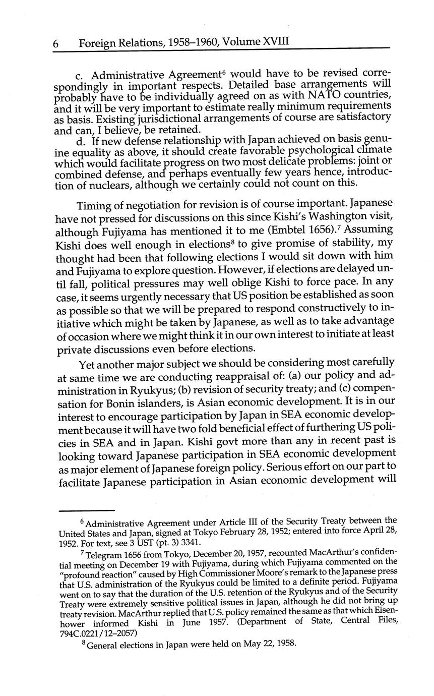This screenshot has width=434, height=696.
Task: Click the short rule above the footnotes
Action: tap(87, 510)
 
